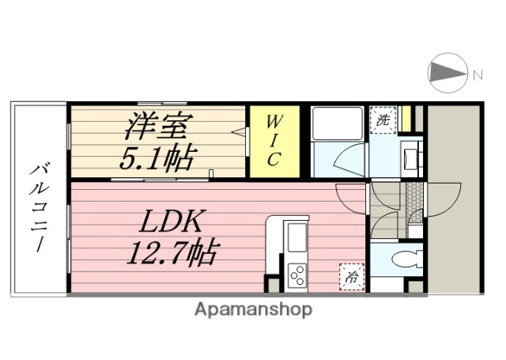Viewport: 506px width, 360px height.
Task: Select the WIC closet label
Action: (271, 142)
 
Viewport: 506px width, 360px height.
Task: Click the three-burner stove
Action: (298, 276)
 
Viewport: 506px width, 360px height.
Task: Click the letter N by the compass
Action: (478, 75)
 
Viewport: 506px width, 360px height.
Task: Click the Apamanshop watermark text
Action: (253, 309)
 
